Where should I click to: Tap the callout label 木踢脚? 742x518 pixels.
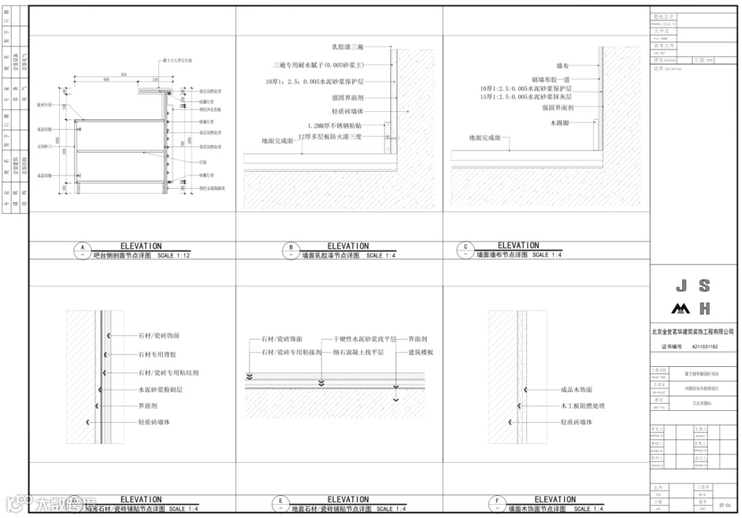click(x=561, y=122)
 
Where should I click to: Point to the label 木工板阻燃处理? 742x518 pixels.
click(x=583, y=406)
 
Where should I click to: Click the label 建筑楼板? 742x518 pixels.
click(x=420, y=352)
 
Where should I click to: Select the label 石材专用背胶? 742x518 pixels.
click(x=157, y=354)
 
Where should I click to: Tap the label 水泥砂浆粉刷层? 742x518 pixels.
click(x=160, y=390)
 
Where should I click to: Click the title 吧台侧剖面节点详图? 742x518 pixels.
click(x=122, y=255)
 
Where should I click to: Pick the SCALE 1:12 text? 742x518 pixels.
click(x=173, y=256)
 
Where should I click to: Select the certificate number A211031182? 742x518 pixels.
click(x=705, y=347)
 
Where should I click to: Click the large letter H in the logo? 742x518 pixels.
click(x=704, y=308)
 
